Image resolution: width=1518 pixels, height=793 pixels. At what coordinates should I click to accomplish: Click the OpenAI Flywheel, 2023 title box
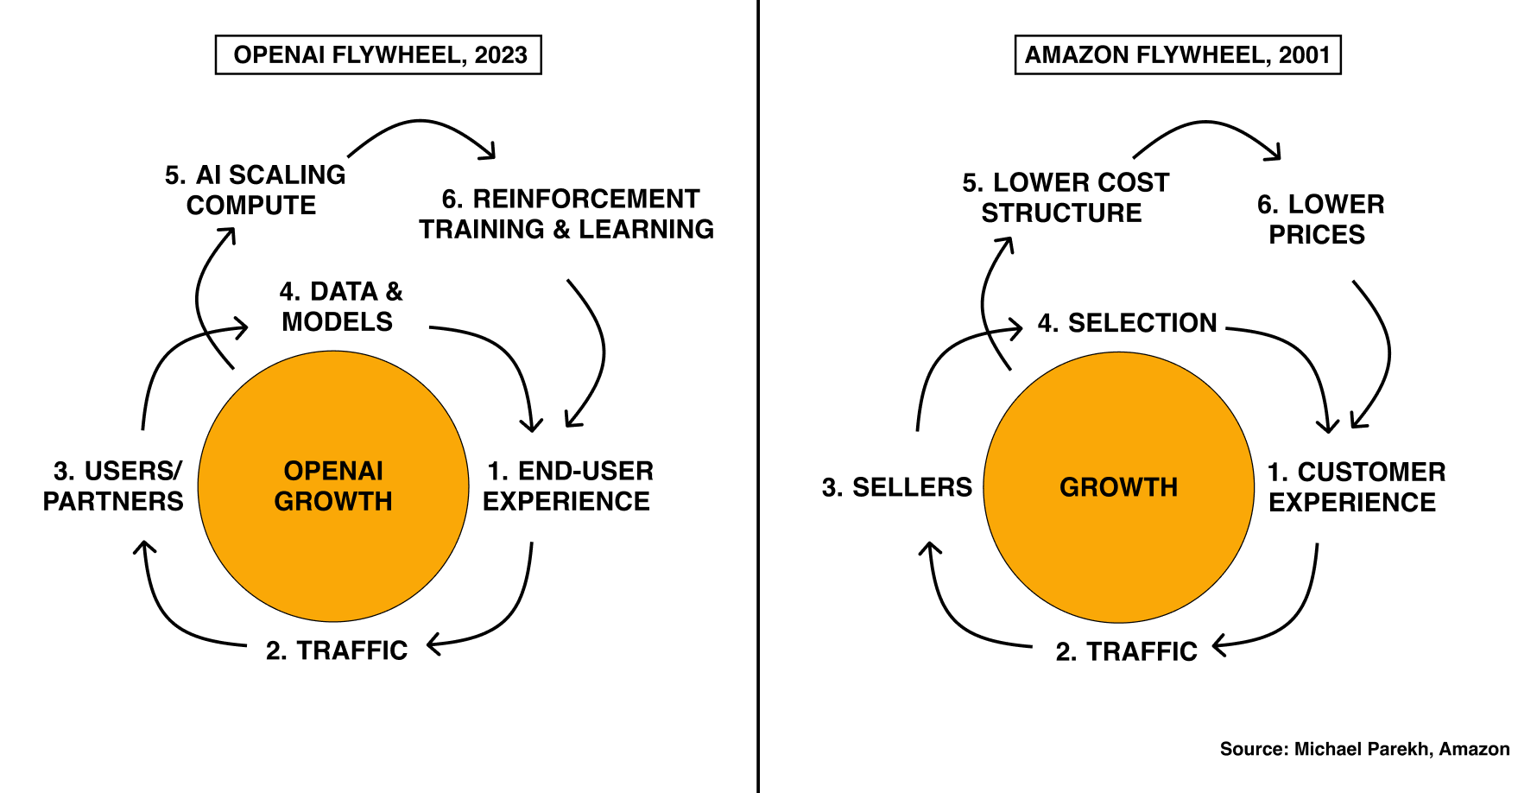point(378,55)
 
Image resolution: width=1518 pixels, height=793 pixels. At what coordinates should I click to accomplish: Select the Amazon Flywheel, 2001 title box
point(1177,55)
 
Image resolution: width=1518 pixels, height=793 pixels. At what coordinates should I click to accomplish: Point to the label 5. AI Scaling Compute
point(255,190)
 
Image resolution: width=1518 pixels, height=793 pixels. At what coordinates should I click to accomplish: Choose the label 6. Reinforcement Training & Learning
point(567,214)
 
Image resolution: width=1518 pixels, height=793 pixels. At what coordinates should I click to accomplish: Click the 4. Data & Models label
point(340,307)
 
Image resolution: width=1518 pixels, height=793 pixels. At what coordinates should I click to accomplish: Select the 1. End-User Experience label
point(568,486)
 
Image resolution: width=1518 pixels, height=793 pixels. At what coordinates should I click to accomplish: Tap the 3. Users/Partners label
point(114,486)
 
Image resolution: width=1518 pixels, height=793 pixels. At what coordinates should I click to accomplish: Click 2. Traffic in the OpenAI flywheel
point(337,650)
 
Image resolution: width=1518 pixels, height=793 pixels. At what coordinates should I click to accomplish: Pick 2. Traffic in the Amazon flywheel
point(1126,651)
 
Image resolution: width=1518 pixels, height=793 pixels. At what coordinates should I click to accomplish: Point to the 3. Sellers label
point(896,487)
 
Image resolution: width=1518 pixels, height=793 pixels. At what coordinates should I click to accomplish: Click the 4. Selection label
point(1127,323)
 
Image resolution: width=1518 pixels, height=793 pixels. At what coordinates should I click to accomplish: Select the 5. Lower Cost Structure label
point(1065,198)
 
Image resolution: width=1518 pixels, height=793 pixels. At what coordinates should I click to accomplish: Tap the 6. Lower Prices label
point(1319,219)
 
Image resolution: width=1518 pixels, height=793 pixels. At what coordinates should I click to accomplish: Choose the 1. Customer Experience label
point(1356,487)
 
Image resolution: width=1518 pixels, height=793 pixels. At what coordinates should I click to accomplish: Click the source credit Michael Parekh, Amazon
point(1364,749)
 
